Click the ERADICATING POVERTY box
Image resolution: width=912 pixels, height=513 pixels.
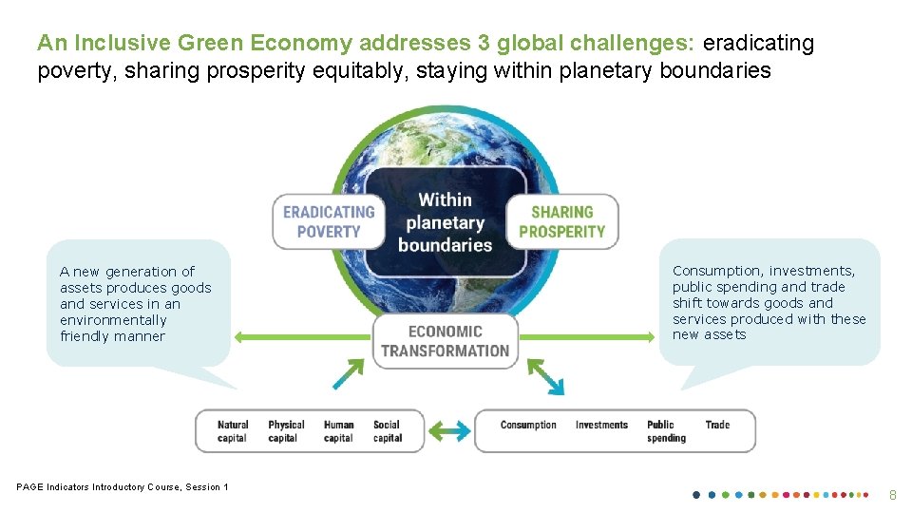click(329, 221)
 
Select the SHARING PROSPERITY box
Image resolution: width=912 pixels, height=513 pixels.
click(561, 221)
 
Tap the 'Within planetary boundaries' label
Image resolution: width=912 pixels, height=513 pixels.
click(445, 221)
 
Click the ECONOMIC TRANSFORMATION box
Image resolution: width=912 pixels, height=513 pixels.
click(445, 340)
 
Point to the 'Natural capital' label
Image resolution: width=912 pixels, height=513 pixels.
click(233, 431)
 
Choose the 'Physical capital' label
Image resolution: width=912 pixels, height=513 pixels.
click(286, 431)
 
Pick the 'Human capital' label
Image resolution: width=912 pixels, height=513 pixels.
click(338, 431)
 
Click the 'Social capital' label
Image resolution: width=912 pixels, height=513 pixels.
click(388, 431)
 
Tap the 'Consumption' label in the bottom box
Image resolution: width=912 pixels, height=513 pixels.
click(528, 425)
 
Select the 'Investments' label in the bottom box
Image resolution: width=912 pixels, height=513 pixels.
click(601, 425)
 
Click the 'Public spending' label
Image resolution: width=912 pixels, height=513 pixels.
click(666, 431)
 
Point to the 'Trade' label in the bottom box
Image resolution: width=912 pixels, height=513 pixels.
click(717, 425)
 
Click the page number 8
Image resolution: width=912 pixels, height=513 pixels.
click(892, 495)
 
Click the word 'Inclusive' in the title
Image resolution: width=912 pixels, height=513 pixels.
click(116, 44)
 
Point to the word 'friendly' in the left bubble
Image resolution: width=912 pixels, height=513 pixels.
click(82, 336)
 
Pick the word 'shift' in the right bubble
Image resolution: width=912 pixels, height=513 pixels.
click(687, 303)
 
